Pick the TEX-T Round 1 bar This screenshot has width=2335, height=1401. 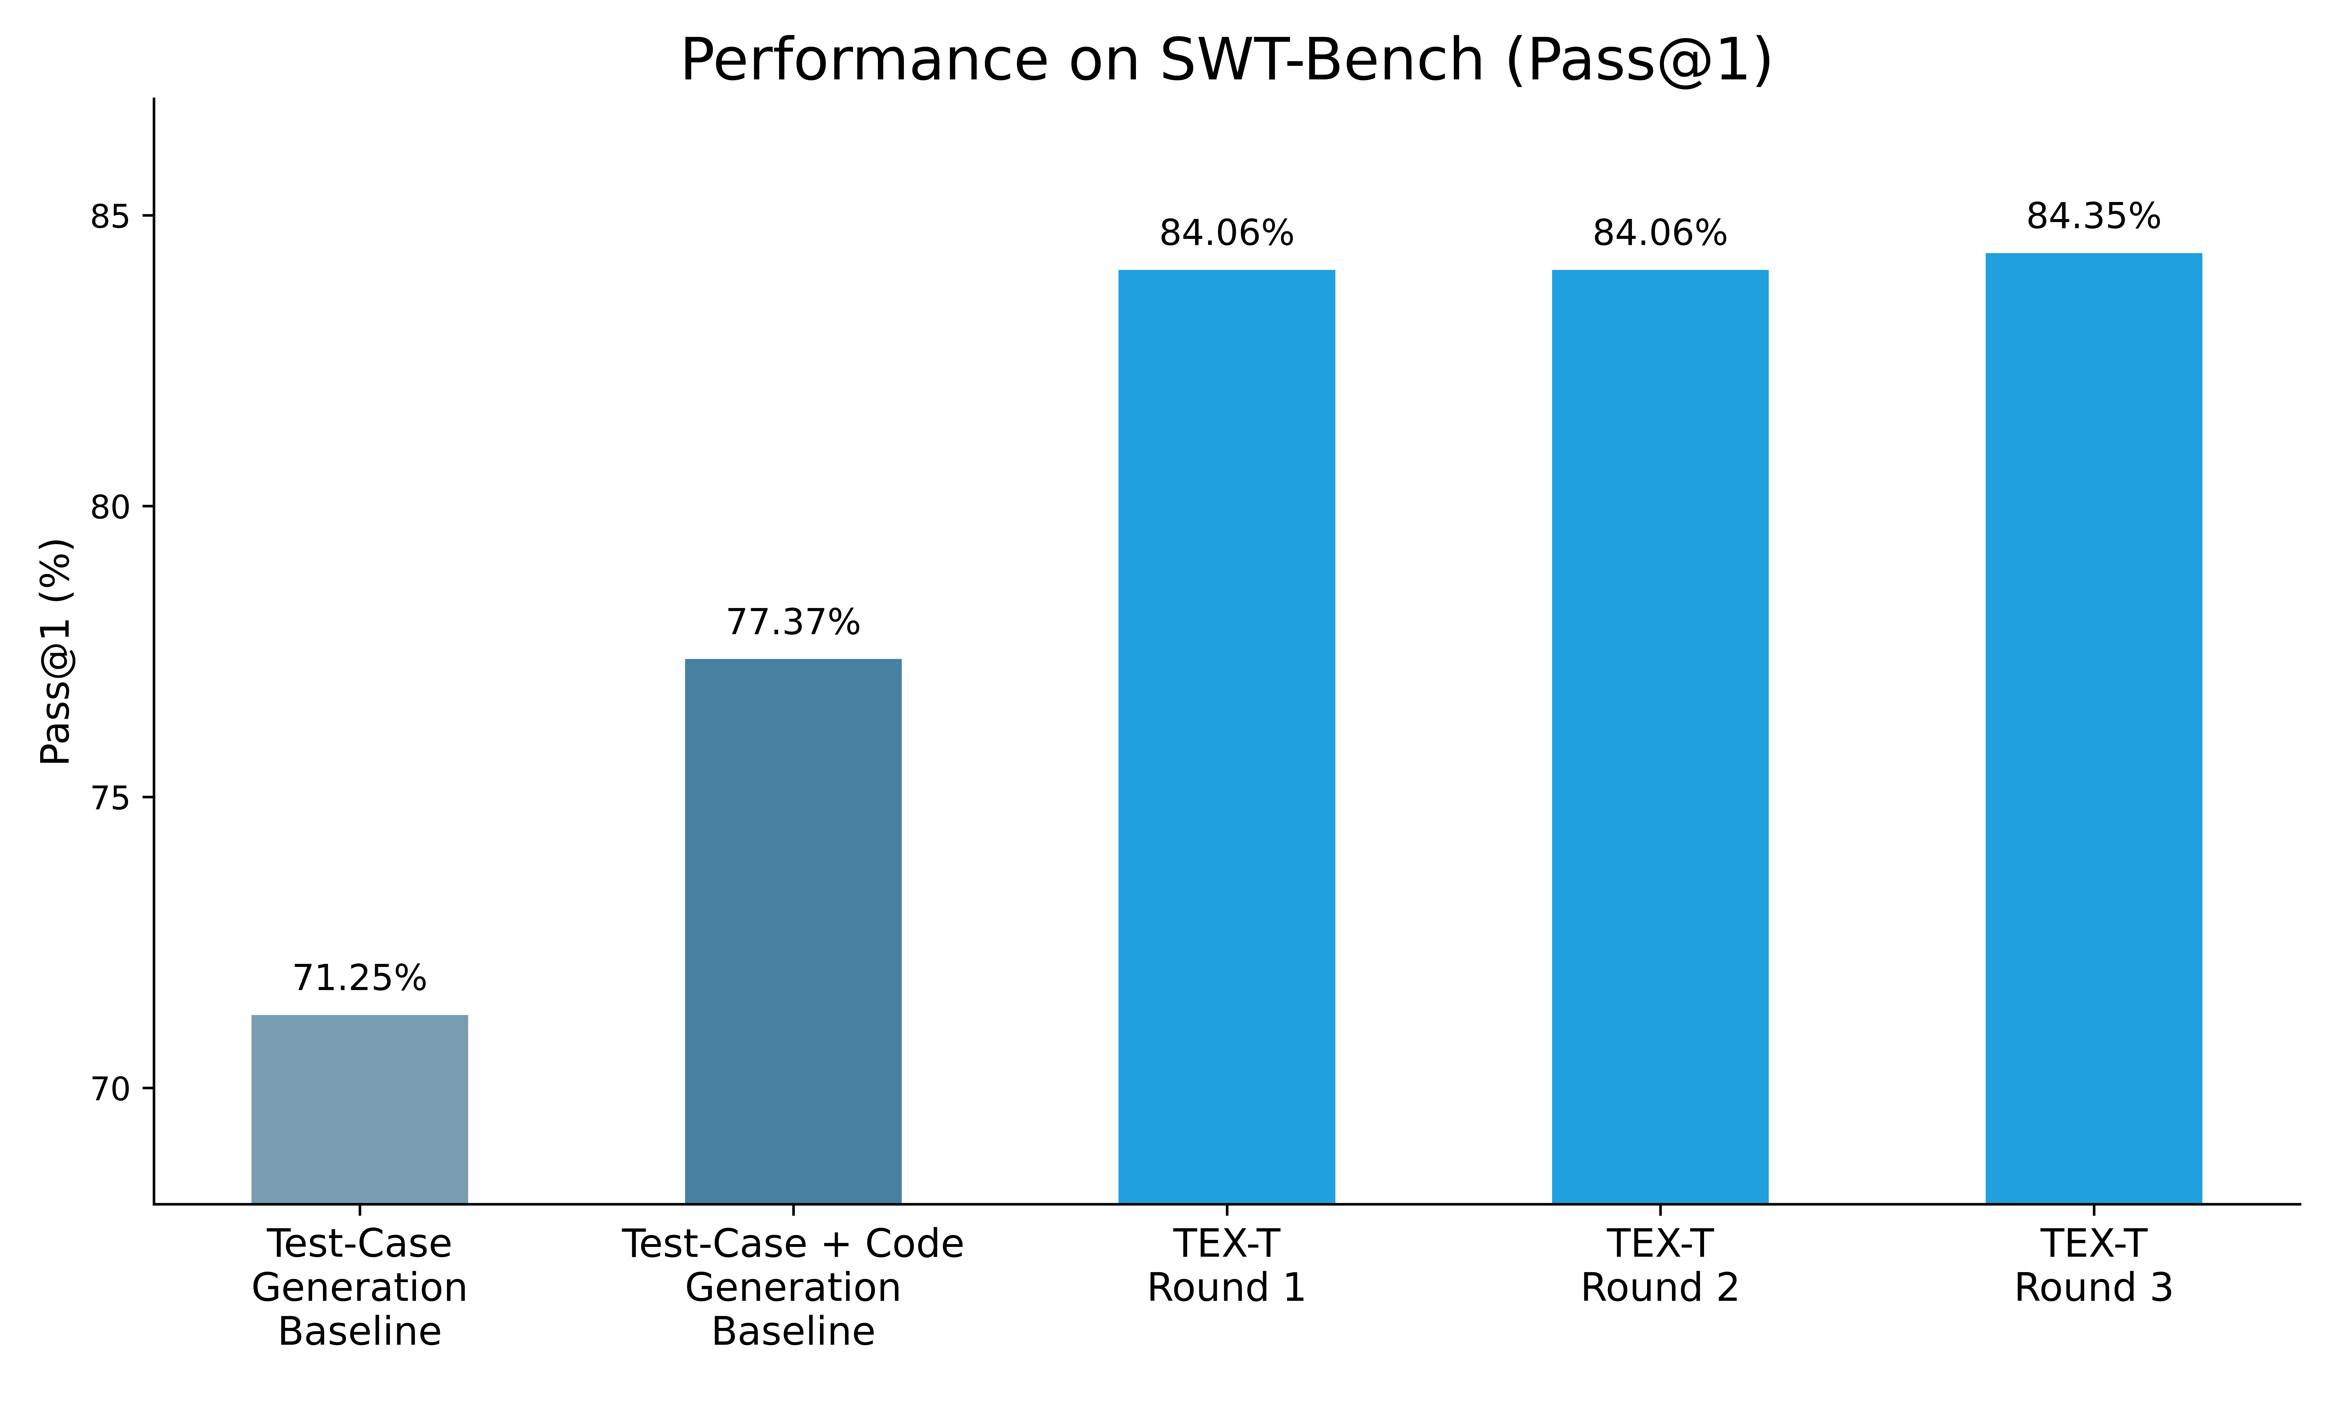(x=1226, y=736)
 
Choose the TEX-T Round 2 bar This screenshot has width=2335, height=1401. (x=1659, y=736)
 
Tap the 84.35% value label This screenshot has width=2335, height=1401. (x=2093, y=217)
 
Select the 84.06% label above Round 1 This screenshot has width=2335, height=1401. (x=1226, y=233)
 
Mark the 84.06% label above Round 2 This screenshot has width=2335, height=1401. (x=1659, y=233)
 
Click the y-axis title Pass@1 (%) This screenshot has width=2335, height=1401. (x=57, y=651)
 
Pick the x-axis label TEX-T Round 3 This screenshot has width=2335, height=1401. (x=2093, y=1266)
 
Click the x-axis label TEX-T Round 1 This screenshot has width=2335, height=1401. (x=1226, y=1266)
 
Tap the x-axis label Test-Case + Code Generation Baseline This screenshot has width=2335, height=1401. (x=793, y=1288)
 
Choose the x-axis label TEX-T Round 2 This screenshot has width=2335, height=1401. (x=1659, y=1266)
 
